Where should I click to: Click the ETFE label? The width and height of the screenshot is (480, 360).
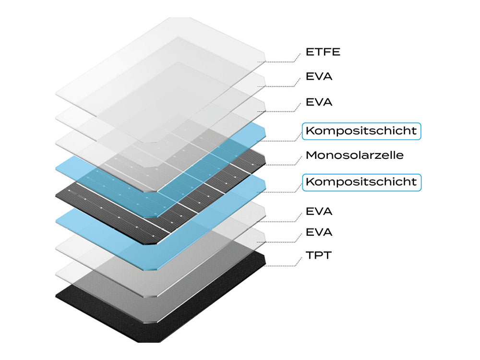[x=323, y=52]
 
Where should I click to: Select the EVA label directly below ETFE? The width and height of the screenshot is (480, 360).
[x=319, y=77]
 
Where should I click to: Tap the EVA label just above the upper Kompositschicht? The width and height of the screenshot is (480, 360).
[x=319, y=102]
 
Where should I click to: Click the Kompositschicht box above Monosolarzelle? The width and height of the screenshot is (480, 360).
[x=361, y=131]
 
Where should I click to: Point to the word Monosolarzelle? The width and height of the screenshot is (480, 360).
[x=354, y=156]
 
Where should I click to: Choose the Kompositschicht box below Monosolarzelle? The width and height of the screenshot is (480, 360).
[x=361, y=182]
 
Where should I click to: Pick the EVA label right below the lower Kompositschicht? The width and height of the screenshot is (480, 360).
[x=319, y=211]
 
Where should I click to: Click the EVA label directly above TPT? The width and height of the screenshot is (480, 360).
[x=319, y=232]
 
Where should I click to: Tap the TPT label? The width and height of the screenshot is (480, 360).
[x=318, y=255]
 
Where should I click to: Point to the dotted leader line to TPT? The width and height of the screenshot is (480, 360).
[x=283, y=265]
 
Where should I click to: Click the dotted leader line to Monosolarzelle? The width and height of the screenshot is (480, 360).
[x=283, y=165]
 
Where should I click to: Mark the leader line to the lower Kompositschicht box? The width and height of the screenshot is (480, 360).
[x=283, y=192]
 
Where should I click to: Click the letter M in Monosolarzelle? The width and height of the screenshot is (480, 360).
[x=310, y=156]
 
